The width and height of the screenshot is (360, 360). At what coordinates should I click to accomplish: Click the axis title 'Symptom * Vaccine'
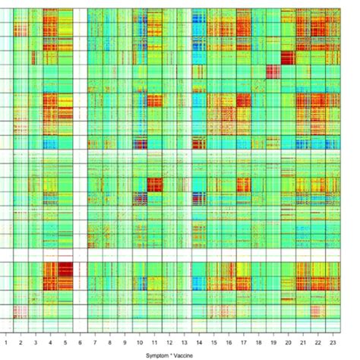coord(178,354)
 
